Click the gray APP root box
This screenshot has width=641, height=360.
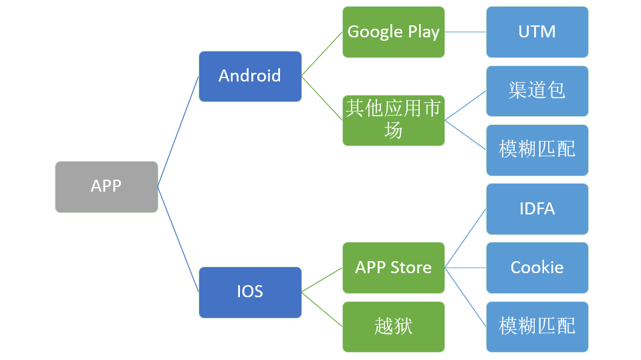click(x=106, y=186)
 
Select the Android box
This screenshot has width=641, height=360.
click(x=250, y=76)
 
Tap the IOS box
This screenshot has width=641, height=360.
click(x=250, y=292)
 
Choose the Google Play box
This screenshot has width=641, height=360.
click(x=393, y=32)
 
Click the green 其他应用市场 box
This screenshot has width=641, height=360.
click(x=393, y=120)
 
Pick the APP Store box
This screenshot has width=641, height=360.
click(x=393, y=268)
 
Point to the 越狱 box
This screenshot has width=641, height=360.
click(x=393, y=327)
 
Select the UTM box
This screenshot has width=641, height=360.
click(x=537, y=32)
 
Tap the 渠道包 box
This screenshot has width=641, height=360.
click(x=537, y=91)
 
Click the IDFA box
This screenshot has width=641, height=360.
click(x=537, y=209)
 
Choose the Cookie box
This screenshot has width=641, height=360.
click(x=537, y=268)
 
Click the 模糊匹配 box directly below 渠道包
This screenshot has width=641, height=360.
click(x=537, y=150)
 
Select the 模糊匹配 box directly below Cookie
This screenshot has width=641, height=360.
click(x=537, y=327)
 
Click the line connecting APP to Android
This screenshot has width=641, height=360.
click(x=178, y=132)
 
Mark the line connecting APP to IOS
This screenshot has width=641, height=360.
click(x=178, y=239)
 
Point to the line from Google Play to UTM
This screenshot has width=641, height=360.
click(x=465, y=32)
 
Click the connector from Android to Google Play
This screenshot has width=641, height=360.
click(x=322, y=54)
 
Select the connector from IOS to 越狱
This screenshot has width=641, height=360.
click(x=322, y=309)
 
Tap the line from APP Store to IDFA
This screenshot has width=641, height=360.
click(x=465, y=238)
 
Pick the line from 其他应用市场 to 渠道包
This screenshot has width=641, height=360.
click(x=465, y=106)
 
